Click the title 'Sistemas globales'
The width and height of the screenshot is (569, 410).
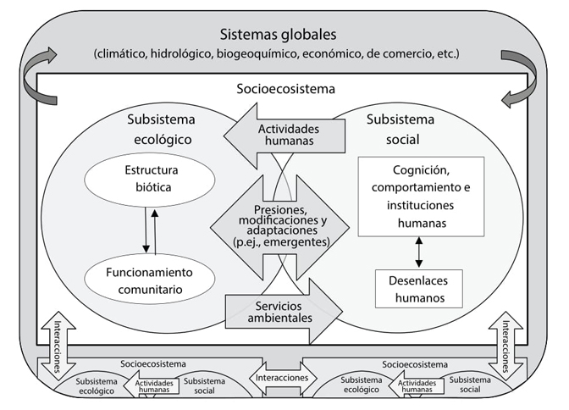278,36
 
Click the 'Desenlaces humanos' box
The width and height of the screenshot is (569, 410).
419,288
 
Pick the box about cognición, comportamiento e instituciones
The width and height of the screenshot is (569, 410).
421,196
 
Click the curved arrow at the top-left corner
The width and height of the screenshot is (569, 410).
38,67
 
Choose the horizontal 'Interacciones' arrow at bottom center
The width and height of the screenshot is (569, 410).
280,376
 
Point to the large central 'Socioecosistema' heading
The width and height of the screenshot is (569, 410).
284,87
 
